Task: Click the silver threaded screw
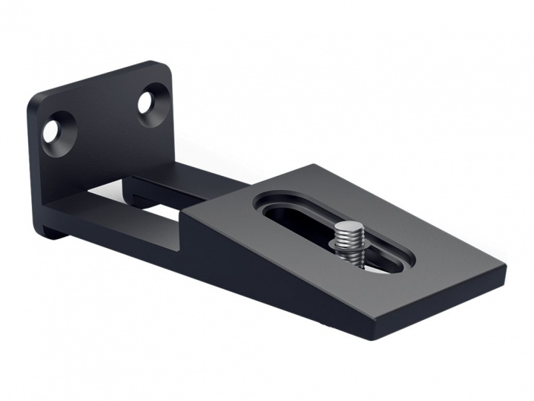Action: click(x=348, y=241)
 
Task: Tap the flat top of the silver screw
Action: click(x=348, y=228)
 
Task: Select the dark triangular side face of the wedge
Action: click(x=245, y=267)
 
